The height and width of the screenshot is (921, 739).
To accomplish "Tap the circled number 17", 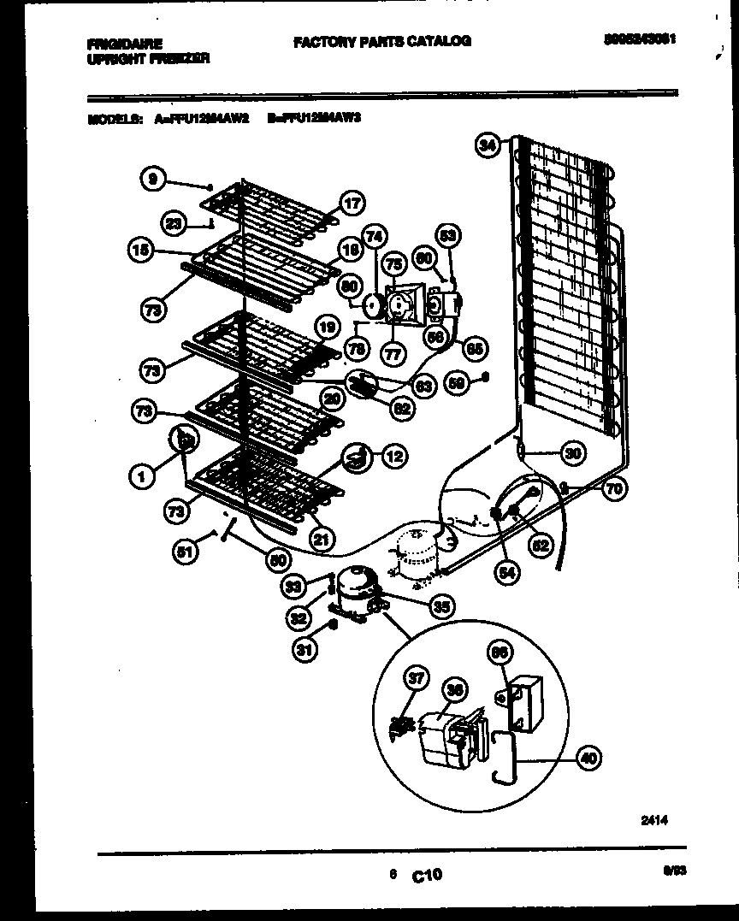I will [x=352, y=204].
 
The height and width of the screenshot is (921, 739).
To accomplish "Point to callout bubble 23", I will [x=174, y=223].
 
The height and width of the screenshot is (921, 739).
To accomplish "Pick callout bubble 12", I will [x=393, y=456].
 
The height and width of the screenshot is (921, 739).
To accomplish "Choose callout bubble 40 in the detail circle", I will [x=588, y=756].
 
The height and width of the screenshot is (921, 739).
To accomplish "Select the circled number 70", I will [x=613, y=489].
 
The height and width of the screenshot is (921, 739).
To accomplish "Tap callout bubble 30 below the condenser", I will [x=574, y=453].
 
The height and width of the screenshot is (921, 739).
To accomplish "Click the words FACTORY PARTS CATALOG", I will [x=381, y=41].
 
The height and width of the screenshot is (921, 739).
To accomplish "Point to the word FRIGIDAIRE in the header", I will [x=125, y=42].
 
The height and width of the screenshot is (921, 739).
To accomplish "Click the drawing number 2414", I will [x=653, y=819].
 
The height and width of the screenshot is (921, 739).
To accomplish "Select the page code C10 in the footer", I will [x=427, y=874].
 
